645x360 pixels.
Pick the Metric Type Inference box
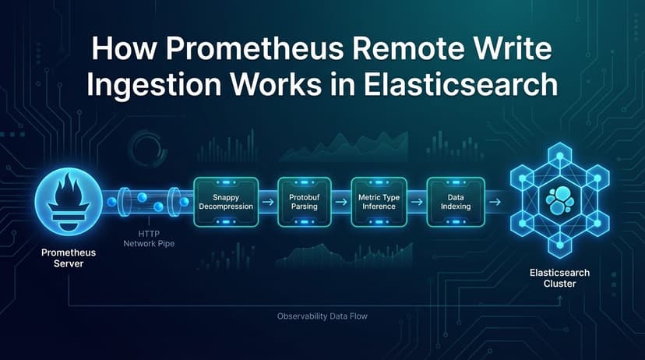pyautogui.click(x=379, y=202)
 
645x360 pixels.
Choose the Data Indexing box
pyautogui.click(x=455, y=202)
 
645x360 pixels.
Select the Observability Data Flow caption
pyautogui.click(x=322, y=316)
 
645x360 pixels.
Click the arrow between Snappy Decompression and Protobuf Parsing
pyautogui.click(x=267, y=203)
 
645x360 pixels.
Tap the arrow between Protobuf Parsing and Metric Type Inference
pyautogui.click(x=341, y=203)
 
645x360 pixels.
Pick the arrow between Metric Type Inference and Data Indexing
pyautogui.click(x=417, y=203)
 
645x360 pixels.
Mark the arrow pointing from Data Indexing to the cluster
pyautogui.click(x=493, y=203)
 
